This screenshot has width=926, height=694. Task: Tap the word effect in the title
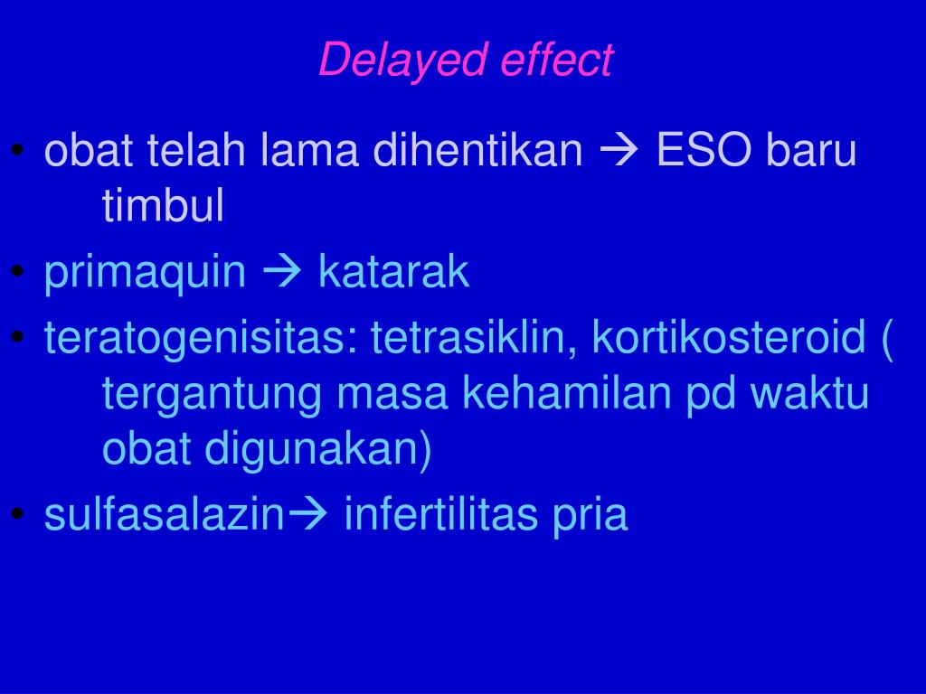pos(557,59)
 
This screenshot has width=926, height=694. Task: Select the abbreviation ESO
pos(704,150)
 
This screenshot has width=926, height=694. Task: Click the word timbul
pos(163,205)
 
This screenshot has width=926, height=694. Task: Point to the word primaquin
pos(146,273)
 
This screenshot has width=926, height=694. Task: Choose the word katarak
pos(394,271)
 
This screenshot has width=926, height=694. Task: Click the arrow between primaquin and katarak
pos(282,272)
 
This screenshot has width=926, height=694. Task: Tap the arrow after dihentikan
pos(619,150)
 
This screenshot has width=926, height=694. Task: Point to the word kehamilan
pos(566,392)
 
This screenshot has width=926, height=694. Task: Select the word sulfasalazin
pos(165,514)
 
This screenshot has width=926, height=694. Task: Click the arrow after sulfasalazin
pos(306,513)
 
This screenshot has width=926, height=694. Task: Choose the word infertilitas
pos(441,514)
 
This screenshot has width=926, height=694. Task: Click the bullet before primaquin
pos(18,271)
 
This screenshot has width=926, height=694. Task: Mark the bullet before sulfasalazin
pos(18,513)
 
